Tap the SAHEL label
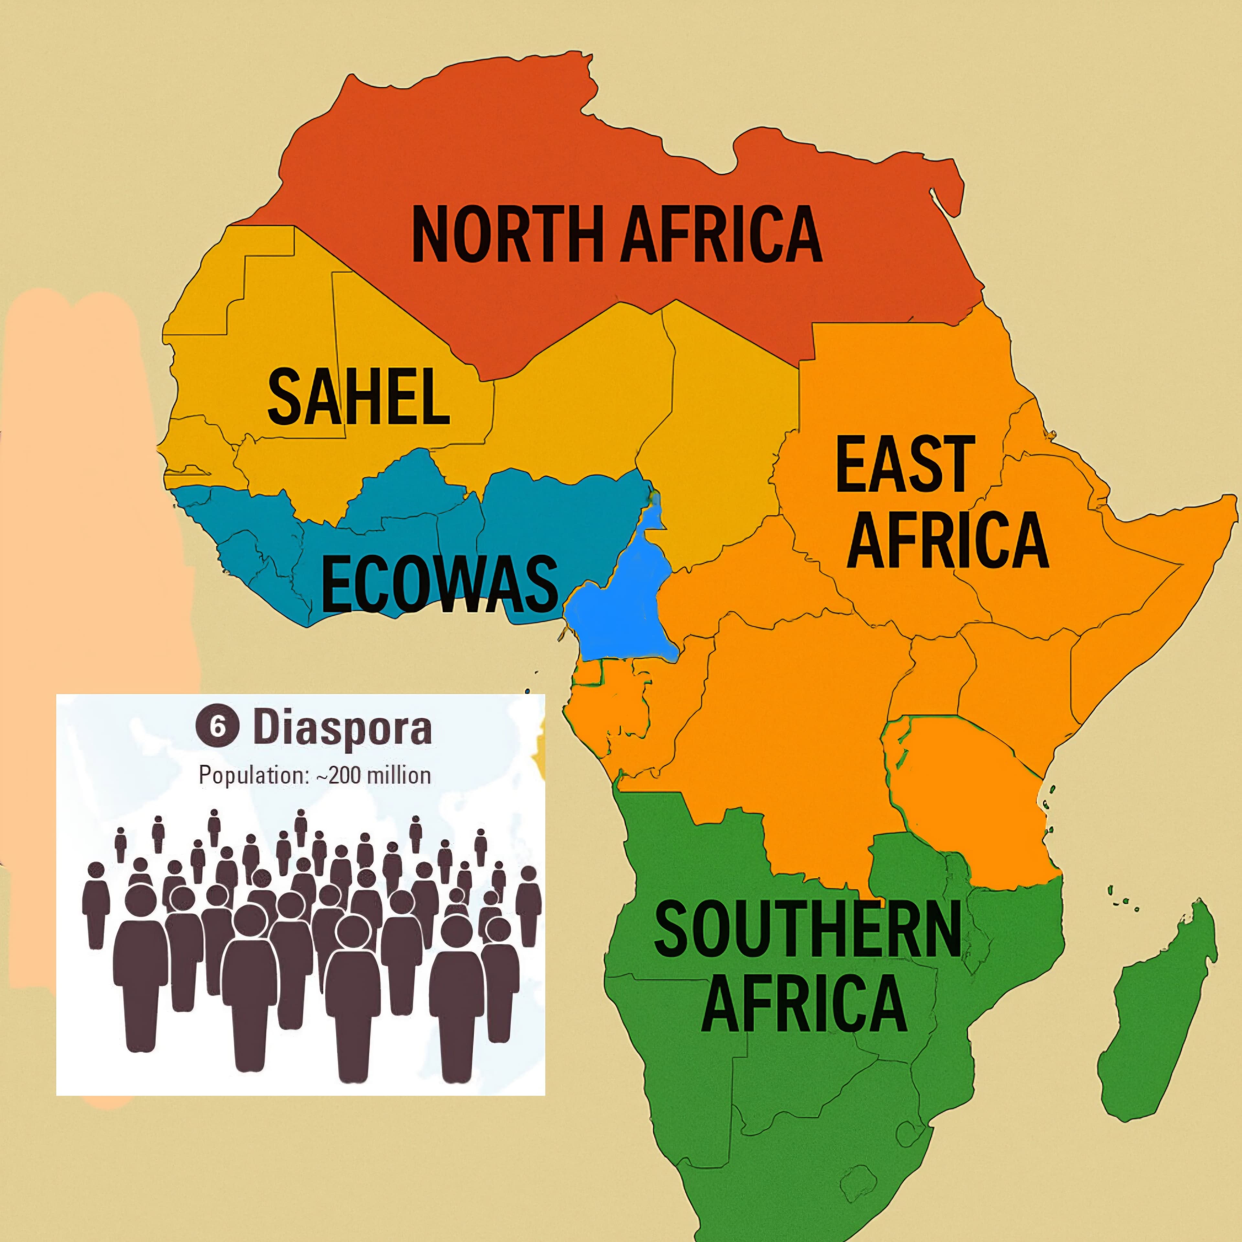pyautogui.click(x=359, y=397)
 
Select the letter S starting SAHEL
pyautogui.click(x=284, y=397)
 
